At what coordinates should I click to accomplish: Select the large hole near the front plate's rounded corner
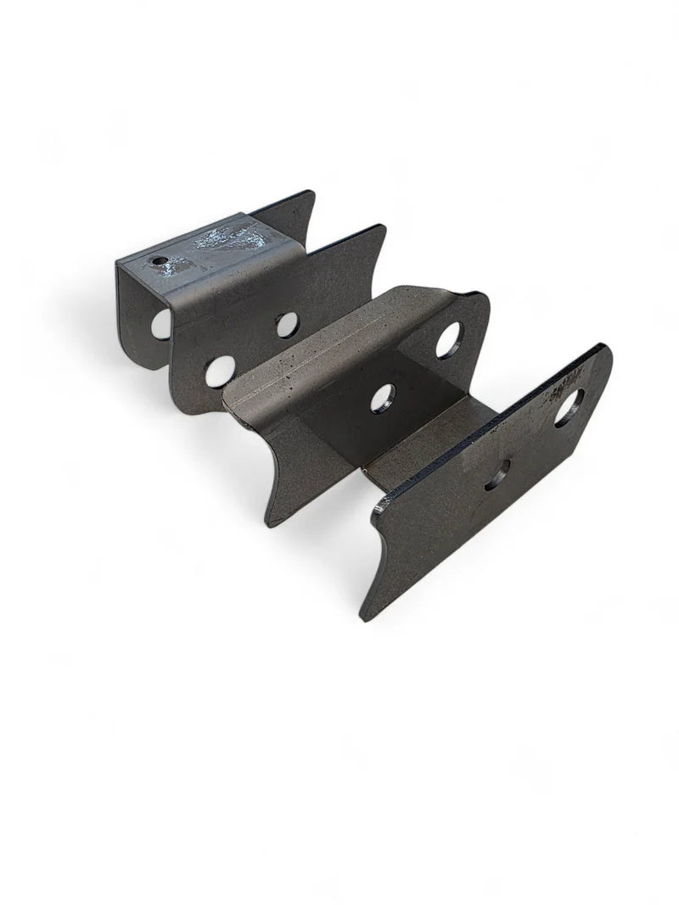pyautogui.click(x=570, y=405)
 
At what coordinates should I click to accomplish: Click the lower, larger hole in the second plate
pyautogui.click(x=220, y=370)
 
